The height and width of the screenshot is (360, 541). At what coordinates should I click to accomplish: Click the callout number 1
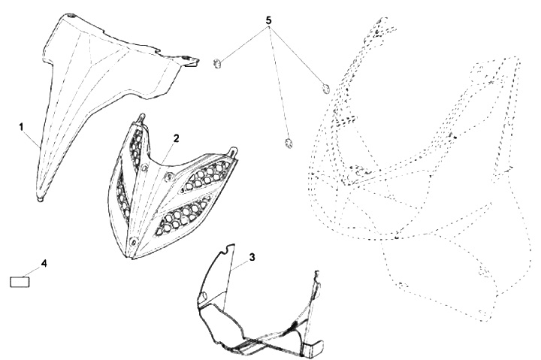[x=21, y=127]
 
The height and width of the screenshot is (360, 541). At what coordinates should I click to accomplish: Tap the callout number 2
[x=177, y=139]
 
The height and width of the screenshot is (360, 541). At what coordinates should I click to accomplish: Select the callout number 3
[x=252, y=257]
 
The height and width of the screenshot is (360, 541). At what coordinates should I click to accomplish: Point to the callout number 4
[x=44, y=263]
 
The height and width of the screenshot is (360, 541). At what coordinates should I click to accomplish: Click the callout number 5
[x=268, y=21]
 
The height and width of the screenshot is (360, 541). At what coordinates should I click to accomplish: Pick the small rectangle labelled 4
[x=20, y=282]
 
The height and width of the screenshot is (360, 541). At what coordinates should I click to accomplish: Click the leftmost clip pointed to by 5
[x=217, y=64]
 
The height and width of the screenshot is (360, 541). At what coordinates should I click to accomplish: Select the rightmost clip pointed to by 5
[x=325, y=89]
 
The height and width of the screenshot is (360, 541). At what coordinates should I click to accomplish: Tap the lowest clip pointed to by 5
[x=289, y=142]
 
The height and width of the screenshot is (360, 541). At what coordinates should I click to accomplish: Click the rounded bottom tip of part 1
[x=41, y=198]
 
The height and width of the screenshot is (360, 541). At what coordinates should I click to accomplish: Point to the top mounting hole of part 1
[x=71, y=16]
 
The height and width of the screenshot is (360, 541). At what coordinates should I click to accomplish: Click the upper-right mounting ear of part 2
[x=233, y=152]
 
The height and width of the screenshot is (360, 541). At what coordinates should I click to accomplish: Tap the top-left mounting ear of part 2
[x=141, y=118]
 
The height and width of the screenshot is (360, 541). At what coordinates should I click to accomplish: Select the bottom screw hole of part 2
[x=134, y=241]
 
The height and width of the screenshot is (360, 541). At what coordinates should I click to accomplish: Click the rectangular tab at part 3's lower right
[x=314, y=348]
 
